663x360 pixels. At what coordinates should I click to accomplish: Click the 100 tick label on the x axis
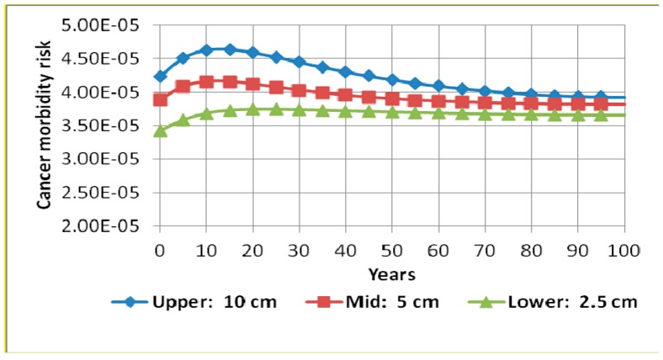pyautogui.click(x=623, y=251)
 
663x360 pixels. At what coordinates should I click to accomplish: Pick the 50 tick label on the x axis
pyautogui.click(x=391, y=251)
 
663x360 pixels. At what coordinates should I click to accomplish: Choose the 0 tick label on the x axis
pyautogui.click(x=160, y=251)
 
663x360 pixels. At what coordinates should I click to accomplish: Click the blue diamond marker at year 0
pyautogui.click(x=160, y=77)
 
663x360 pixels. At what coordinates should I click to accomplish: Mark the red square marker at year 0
pyautogui.click(x=160, y=99)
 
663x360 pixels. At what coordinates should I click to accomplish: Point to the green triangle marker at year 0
pyautogui.click(x=160, y=130)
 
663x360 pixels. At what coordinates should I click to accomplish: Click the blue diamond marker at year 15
pyautogui.click(x=230, y=50)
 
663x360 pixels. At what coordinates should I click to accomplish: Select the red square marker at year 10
pyautogui.click(x=206, y=82)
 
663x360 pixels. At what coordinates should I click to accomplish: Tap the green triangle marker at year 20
pyautogui.click(x=252, y=109)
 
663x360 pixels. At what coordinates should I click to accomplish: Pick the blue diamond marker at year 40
pyautogui.click(x=345, y=71)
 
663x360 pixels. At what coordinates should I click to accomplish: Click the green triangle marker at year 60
pyautogui.click(x=438, y=112)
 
